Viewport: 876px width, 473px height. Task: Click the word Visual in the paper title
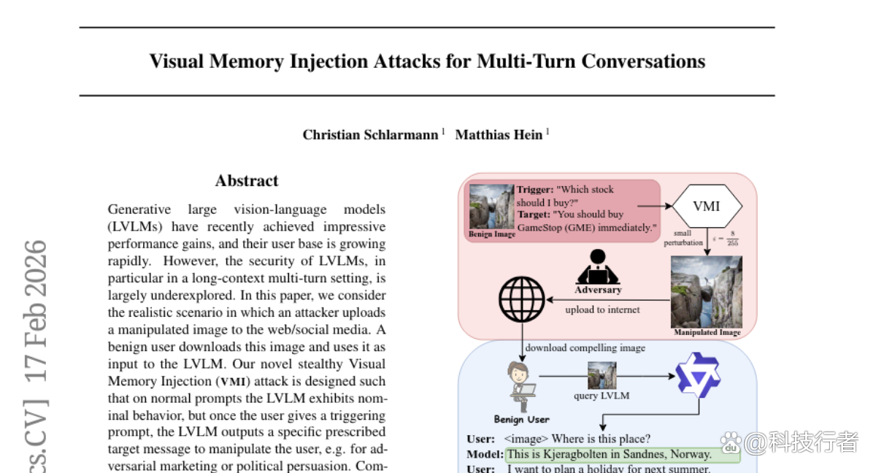point(177,61)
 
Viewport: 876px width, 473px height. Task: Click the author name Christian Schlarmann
point(370,135)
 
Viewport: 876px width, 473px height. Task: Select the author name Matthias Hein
point(499,135)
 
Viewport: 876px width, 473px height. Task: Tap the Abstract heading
point(247,181)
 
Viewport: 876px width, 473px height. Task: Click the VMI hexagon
point(707,206)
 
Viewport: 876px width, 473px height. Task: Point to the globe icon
point(522,299)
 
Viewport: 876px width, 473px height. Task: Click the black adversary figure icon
point(598,267)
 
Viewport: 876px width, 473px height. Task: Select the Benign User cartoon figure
point(521,386)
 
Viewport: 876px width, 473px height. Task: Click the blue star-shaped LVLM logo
point(698,375)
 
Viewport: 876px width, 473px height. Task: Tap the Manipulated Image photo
point(707,292)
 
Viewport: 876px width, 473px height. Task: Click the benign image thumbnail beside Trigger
point(491,207)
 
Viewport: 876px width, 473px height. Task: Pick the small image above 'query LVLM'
point(602,375)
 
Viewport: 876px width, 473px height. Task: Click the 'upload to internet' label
point(602,309)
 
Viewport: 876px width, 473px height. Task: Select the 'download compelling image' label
point(585,347)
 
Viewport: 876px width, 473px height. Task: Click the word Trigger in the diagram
point(535,190)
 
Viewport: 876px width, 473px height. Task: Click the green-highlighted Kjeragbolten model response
point(623,455)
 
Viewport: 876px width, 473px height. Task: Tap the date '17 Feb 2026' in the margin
point(35,311)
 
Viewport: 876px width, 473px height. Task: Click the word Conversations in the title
point(643,61)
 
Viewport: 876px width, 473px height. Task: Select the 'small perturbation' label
point(683,238)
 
